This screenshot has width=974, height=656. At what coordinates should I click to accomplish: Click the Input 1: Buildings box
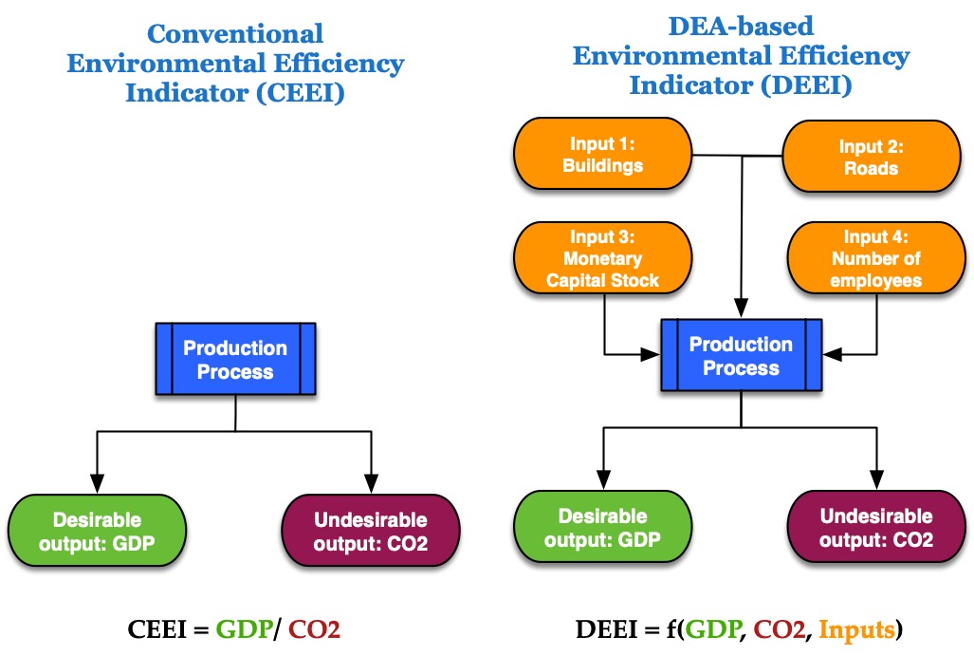pyautogui.click(x=602, y=154)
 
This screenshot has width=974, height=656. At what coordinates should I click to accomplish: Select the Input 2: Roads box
pyautogui.click(x=871, y=156)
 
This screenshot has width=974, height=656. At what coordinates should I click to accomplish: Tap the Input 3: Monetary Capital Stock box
pyautogui.click(x=602, y=258)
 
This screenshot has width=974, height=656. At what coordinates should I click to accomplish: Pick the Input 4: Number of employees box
pyautogui.click(x=876, y=258)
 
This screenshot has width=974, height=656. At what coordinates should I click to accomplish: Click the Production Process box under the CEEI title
pyautogui.click(x=235, y=359)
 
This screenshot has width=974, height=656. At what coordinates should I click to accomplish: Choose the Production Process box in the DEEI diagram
pyautogui.click(x=741, y=355)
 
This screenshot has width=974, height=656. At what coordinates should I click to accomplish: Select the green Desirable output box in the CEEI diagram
pyautogui.click(x=97, y=531)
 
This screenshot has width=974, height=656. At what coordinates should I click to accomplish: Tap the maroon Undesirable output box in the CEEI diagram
pyautogui.click(x=371, y=531)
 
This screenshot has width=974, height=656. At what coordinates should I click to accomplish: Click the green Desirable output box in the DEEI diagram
pyautogui.click(x=602, y=527)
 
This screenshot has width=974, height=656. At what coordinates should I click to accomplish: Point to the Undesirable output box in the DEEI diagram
pyautogui.click(x=876, y=527)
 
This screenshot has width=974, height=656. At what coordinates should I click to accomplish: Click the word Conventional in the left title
pyautogui.click(x=235, y=33)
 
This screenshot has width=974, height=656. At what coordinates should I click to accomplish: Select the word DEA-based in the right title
pyautogui.click(x=741, y=27)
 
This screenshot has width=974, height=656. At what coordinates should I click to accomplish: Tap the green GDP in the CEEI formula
pyautogui.click(x=244, y=629)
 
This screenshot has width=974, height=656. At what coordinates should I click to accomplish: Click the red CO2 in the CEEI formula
pyautogui.click(x=314, y=629)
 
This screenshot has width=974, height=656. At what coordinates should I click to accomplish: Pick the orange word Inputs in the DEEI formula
pyautogui.click(x=857, y=629)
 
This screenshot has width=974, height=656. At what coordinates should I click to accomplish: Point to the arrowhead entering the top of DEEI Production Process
pyautogui.click(x=741, y=309)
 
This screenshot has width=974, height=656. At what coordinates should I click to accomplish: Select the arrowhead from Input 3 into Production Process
pyautogui.click(x=651, y=354)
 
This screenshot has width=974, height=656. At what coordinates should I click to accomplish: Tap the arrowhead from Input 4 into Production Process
pyautogui.click(x=833, y=354)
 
